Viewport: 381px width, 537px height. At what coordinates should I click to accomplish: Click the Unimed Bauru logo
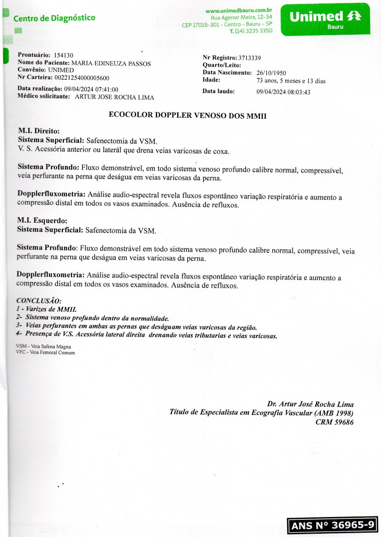[x=325, y=19]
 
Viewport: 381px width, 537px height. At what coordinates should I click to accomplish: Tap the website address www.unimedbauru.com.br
[x=239, y=10]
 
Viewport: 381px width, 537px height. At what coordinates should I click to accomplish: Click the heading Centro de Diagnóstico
[x=54, y=18]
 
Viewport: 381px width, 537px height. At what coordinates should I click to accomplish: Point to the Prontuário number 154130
[x=64, y=55]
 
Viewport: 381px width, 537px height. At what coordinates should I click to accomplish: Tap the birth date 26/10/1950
[x=271, y=73]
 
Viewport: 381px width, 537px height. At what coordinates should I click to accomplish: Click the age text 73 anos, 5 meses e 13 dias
[x=291, y=81]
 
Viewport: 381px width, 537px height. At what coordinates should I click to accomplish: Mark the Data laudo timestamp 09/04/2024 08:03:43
[x=283, y=92]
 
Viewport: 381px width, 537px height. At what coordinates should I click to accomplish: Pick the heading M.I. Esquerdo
[x=42, y=221]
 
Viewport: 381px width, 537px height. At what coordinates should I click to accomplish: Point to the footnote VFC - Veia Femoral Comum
[x=45, y=353]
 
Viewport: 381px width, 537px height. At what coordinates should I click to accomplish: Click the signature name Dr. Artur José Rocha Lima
[x=310, y=404]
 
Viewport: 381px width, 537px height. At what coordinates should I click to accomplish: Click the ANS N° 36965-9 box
[x=332, y=525]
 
